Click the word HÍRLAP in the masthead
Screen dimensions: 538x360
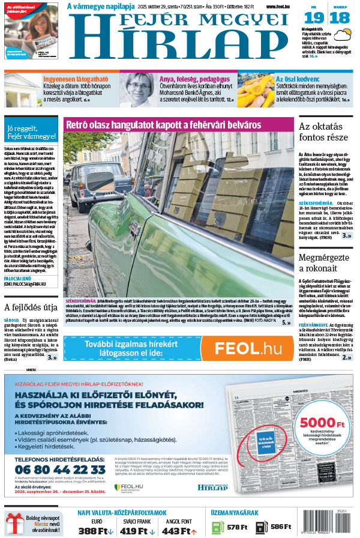[x=181, y=43]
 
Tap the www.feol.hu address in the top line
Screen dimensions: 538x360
[x=278, y=6]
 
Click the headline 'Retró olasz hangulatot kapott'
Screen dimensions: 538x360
[x=163, y=125]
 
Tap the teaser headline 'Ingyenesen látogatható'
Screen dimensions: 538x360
[x=76, y=78]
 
